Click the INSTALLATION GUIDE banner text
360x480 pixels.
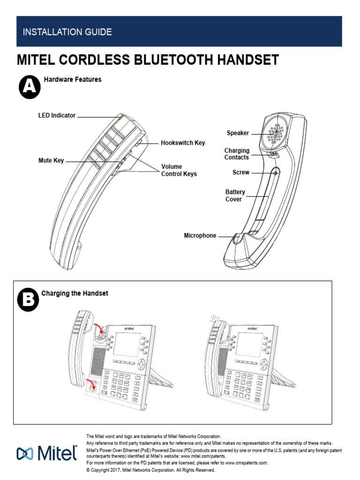pos(67,32)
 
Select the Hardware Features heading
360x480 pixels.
pos(73,80)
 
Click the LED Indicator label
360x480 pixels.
pos(57,115)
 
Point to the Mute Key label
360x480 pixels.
pos(51,161)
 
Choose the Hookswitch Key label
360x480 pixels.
pos(183,142)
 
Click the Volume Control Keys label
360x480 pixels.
pos(179,170)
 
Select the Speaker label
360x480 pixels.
pos(238,133)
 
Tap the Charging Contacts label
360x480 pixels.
pos(237,154)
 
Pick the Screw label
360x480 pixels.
pos(241,172)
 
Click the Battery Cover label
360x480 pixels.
pos(235,195)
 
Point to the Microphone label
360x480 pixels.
pos(200,236)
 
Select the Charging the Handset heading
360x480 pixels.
pos(75,293)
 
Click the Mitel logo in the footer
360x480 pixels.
pos(47,453)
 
